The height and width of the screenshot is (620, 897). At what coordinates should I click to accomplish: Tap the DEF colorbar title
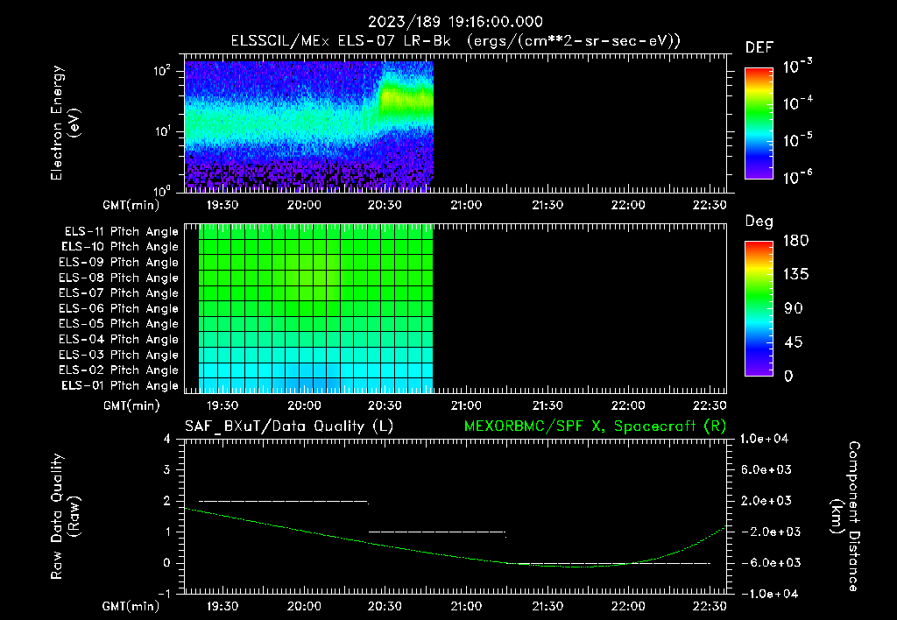pos(759,47)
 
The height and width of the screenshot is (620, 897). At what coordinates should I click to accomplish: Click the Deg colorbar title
pos(759,221)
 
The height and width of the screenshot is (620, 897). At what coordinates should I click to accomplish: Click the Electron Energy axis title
pos(66,123)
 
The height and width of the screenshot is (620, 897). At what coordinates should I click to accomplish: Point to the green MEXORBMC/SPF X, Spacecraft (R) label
pos(594,426)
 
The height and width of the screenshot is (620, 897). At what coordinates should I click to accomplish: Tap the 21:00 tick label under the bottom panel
pos(465,606)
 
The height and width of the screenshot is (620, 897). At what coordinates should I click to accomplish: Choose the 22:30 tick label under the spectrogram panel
pos(709,204)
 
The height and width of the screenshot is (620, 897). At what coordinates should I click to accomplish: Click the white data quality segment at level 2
pos(283,501)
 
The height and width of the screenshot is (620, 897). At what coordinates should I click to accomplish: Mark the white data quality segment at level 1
pos(437,532)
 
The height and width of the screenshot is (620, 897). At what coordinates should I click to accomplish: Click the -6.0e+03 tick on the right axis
pos(768,562)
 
